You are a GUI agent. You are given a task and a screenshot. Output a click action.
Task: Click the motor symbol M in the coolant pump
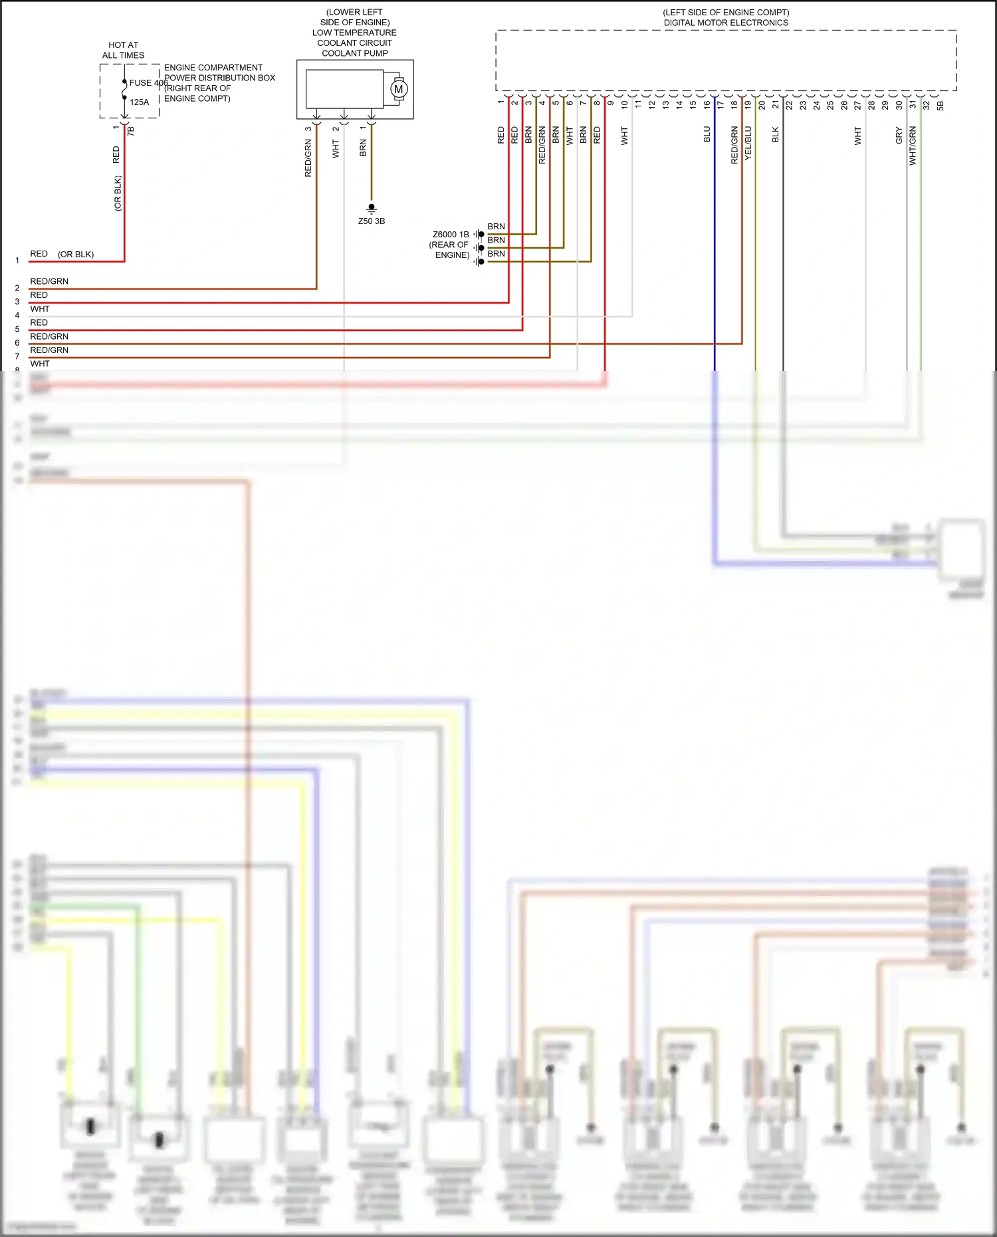(x=399, y=89)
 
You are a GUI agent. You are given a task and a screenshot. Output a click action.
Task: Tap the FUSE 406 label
(x=148, y=83)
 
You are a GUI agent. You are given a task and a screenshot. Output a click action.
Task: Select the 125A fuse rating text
(x=140, y=102)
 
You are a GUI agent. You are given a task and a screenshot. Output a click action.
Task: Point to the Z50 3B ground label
(x=372, y=221)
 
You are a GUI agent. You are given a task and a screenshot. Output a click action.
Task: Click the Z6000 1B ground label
(x=451, y=235)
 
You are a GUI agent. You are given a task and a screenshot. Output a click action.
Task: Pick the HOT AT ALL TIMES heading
(x=123, y=50)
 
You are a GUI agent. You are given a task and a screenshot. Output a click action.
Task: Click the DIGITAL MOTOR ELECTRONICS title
(x=726, y=23)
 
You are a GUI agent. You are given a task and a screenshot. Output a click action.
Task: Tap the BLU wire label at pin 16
(x=707, y=134)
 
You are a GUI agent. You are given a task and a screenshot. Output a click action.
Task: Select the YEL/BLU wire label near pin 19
(x=748, y=142)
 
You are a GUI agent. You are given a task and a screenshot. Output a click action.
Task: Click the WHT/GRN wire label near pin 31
(x=913, y=145)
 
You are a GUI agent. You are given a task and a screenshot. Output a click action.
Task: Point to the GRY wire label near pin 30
(x=899, y=136)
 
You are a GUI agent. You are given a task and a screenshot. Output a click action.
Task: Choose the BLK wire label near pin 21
(x=776, y=135)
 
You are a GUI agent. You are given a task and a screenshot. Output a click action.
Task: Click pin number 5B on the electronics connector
(x=940, y=106)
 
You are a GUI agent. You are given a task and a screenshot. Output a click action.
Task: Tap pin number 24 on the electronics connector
(x=816, y=105)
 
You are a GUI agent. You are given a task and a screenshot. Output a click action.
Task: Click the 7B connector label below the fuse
(x=131, y=131)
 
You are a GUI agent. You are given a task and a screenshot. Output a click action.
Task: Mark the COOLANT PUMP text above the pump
(x=355, y=53)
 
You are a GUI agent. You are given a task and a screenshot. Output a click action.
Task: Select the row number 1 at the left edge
(x=17, y=261)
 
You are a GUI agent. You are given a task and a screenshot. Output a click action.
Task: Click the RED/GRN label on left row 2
(x=49, y=281)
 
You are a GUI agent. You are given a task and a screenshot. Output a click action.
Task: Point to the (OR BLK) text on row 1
(x=76, y=255)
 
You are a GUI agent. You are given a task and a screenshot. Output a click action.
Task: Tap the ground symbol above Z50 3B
(x=372, y=209)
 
